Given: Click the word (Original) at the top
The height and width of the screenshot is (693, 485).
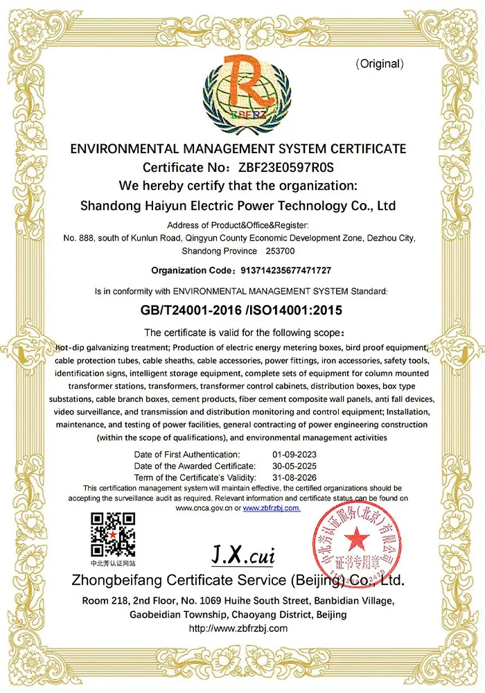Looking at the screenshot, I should (x=379, y=64).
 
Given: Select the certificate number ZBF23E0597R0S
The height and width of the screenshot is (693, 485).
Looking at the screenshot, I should (x=286, y=167).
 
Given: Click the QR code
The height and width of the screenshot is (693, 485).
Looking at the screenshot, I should (x=113, y=534).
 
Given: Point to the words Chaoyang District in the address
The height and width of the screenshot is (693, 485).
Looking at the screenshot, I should (x=274, y=615).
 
